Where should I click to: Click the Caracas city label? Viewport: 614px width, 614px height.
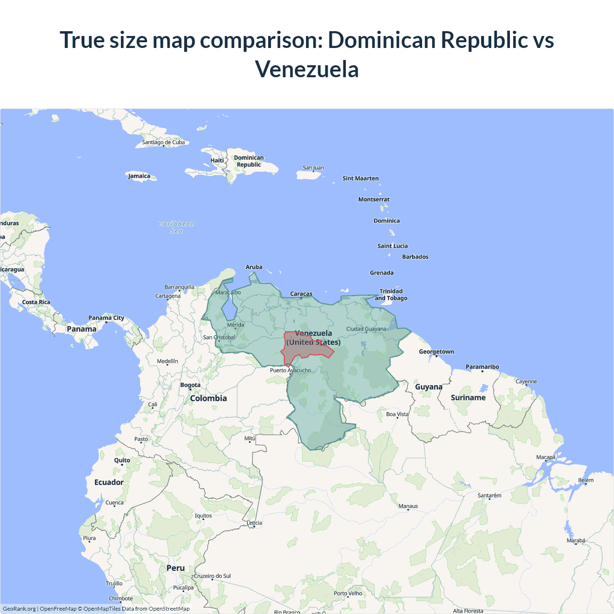[x=301, y=294]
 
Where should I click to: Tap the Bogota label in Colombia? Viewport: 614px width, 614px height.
[x=190, y=385]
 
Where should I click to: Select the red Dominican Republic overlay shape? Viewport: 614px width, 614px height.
[x=300, y=350]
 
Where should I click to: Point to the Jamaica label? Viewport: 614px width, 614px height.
[x=139, y=176]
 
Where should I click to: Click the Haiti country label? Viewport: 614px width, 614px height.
[x=217, y=160]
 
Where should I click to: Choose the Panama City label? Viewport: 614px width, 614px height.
[x=106, y=318]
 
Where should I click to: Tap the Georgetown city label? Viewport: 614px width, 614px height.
[x=436, y=352]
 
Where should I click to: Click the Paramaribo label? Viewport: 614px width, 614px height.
[x=482, y=366]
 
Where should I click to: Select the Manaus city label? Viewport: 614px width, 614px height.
[x=408, y=506]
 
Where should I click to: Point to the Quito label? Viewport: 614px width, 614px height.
[x=122, y=460]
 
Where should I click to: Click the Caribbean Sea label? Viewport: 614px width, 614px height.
[x=177, y=227]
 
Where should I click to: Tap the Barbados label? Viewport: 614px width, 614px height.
[x=415, y=257]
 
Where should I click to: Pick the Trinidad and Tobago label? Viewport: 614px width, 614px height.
[x=391, y=295]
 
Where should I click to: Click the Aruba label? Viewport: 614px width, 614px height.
[x=254, y=267]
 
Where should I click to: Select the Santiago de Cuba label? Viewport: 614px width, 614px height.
[x=163, y=142]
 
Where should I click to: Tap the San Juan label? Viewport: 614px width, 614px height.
[x=313, y=167]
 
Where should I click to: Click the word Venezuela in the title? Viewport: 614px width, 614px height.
[x=307, y=69]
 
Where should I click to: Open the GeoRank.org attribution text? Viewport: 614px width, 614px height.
[x=19, y=609]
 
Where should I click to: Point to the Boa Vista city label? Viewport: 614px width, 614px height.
[x=397, y=414]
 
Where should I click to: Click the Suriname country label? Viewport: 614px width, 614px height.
[x=468, y=397]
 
